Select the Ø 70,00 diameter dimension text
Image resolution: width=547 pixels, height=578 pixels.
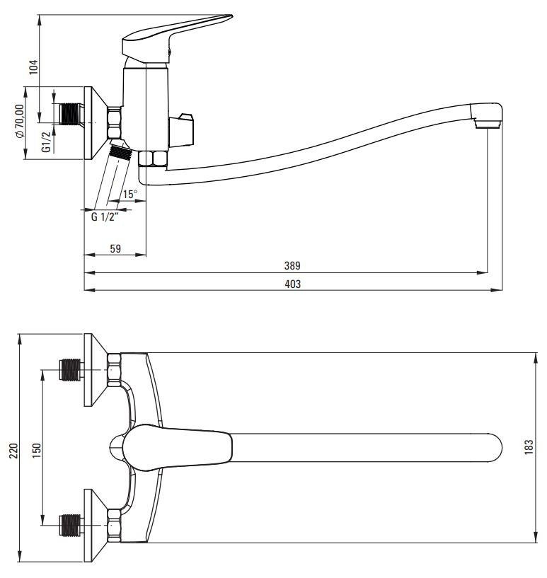tap(19, 122)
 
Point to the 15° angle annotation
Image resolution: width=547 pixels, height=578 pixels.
tap(129, 194)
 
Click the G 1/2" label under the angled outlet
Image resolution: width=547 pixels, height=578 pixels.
tap(103, 216)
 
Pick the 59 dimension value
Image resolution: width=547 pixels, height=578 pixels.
tap(115, 248)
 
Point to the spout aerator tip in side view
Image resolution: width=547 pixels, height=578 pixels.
tap(488, 125)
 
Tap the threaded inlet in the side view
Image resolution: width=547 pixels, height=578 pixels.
tap(69, 115)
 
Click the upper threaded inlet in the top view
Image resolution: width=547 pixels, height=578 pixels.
tap(70, 371)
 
